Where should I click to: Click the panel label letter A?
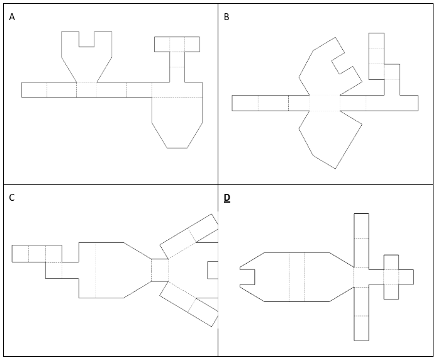point(12,17)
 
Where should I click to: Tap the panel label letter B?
point(226,17)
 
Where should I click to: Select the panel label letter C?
point(12,198)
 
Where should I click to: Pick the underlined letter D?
point(227,198)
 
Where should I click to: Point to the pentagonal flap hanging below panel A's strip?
point(177,123)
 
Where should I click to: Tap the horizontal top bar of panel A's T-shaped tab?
point(177,44)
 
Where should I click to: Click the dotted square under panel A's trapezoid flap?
point(87,89)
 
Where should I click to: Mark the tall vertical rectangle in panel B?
point(376,56)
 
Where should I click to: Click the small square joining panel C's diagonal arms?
point(160,270)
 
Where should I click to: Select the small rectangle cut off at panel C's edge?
point(213,270)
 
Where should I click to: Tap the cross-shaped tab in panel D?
point(391,276)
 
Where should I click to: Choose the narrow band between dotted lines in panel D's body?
point(296,277)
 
